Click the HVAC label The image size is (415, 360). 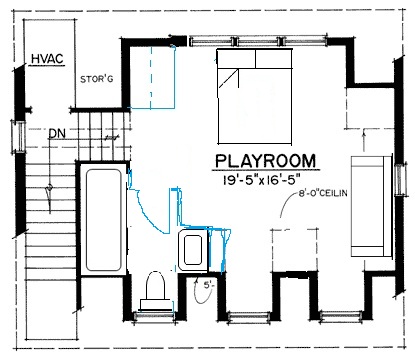pyautogui.click(x=47, y=59)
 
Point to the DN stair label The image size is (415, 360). pyautogui.click(x=57, y=131)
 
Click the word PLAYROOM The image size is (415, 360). pyautogui.click(x=266, y=161)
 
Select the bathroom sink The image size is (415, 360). pyautogui.click(x=191, y=249)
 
